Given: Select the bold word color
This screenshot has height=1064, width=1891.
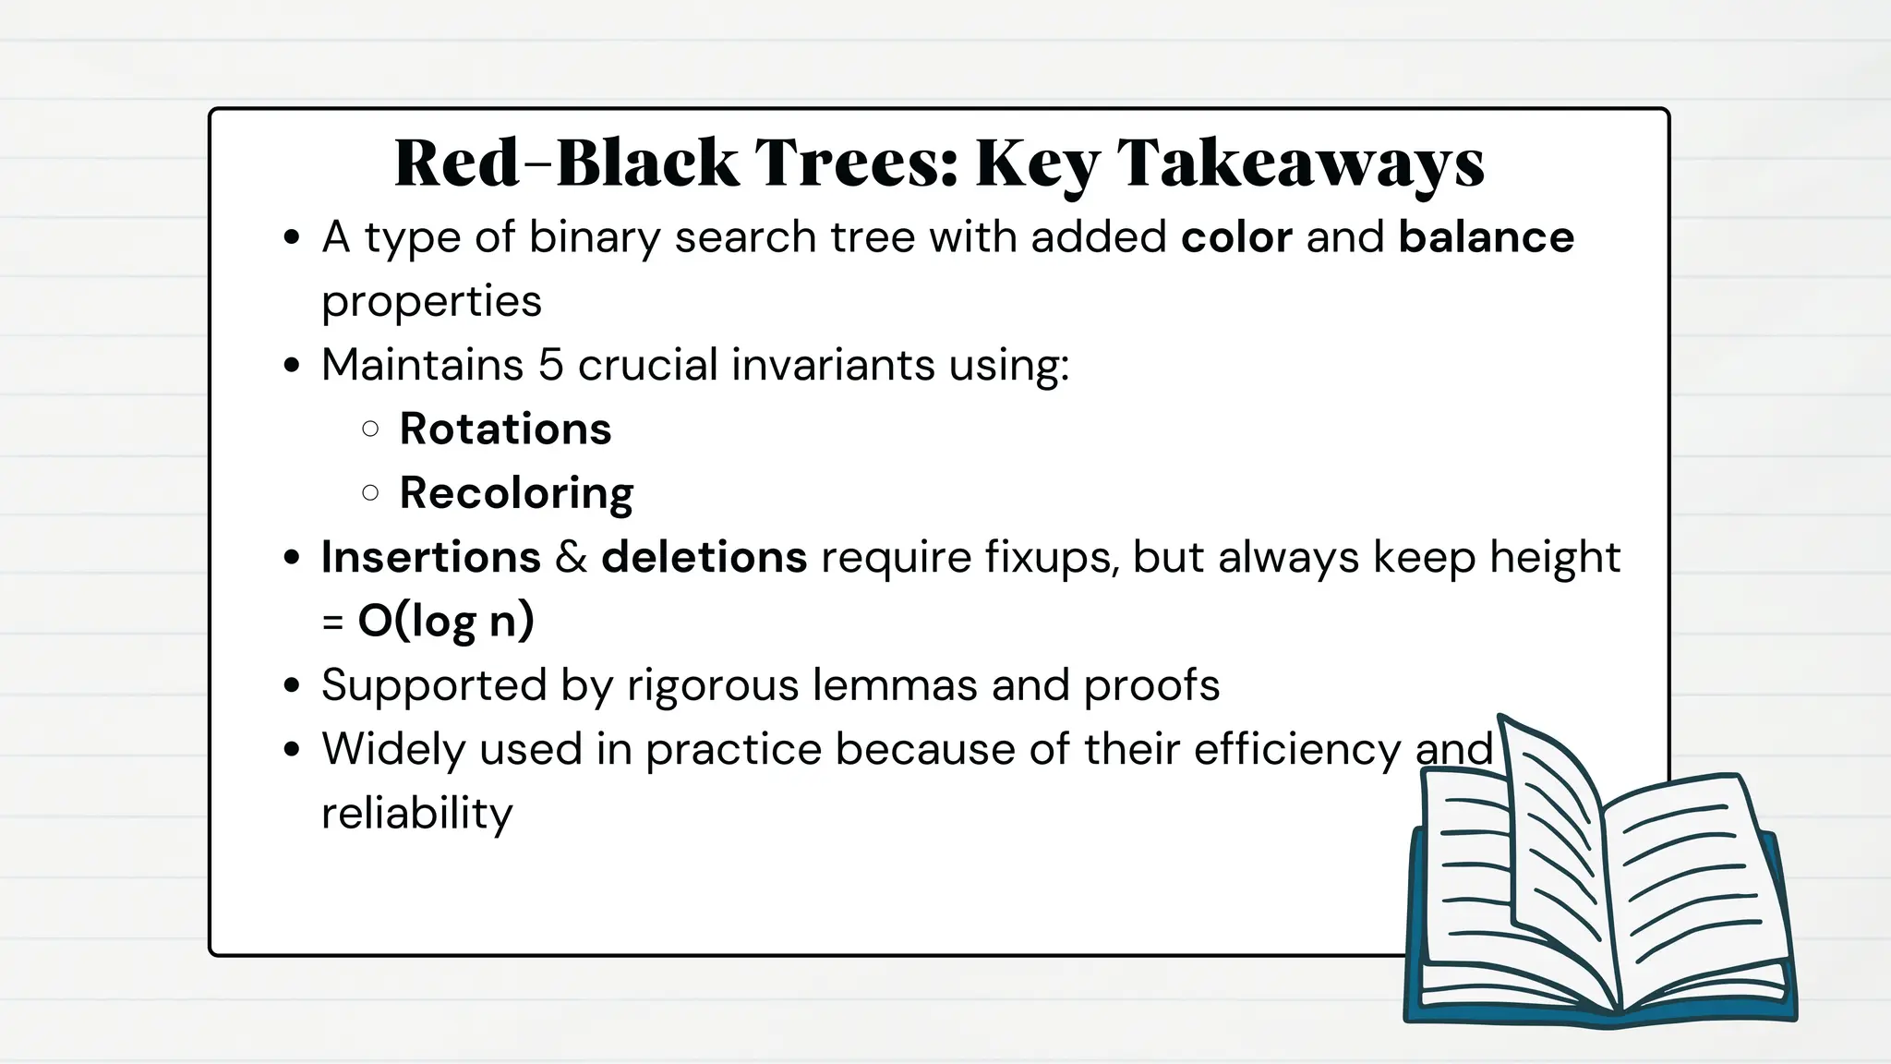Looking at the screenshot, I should click(x=1236, y=237).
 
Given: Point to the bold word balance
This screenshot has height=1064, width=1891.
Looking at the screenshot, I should click(x=1486, y=237).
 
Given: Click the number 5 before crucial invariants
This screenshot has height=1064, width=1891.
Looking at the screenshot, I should click(x=550, y=365).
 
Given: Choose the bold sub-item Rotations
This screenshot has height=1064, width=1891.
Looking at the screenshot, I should click(x=505, y=429).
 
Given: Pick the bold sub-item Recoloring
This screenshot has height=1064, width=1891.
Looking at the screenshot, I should click(x=516, y=493).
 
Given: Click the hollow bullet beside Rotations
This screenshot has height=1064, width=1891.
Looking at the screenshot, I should click(x=370, y=429).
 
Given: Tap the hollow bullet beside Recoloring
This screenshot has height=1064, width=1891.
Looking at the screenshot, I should click(x=370, y=493).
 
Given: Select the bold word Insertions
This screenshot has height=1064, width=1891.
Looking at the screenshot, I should click(x=430, y=557).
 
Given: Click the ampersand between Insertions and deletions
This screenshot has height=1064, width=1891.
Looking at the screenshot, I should click(x=571, y=558).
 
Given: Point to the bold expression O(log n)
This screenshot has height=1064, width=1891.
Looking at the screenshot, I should click(x=446, y=621).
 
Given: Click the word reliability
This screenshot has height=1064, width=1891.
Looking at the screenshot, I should click(x=416, y=814).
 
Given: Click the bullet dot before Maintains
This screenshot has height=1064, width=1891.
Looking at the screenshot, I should click(x=293, y=366).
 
